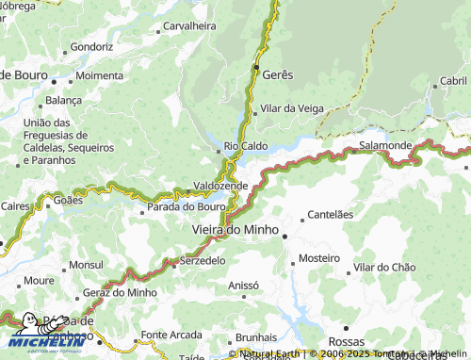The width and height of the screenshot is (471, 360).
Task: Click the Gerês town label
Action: point(278,74)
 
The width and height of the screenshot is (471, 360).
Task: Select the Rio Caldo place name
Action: point(246,146)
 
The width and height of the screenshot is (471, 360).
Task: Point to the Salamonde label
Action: point(384,145)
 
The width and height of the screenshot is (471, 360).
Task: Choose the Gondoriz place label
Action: point(91,45)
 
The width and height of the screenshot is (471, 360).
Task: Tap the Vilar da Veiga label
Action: point(292,109)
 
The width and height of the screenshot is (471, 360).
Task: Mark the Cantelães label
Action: point(331,214)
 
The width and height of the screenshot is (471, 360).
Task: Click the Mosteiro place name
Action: point(318,257)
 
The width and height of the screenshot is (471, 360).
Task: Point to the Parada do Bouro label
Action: point(186,206)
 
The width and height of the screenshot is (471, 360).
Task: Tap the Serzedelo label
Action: point(203,259)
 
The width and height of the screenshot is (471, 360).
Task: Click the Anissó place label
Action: point(243,285)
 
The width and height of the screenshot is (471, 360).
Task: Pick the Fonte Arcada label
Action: point(171,335)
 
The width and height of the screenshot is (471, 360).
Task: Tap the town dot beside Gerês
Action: point(256,68)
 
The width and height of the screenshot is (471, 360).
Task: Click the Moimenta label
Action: point(99,74)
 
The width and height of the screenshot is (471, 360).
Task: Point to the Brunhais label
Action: point(255,336)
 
